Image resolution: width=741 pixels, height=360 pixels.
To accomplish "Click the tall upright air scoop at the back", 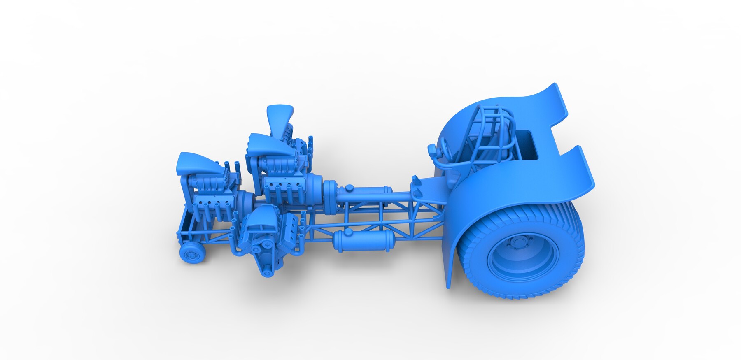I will coord(280,117).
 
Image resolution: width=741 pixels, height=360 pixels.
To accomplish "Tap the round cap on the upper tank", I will coord(349,188).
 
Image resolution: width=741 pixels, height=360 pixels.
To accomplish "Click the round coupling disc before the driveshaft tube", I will coord(330,193).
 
